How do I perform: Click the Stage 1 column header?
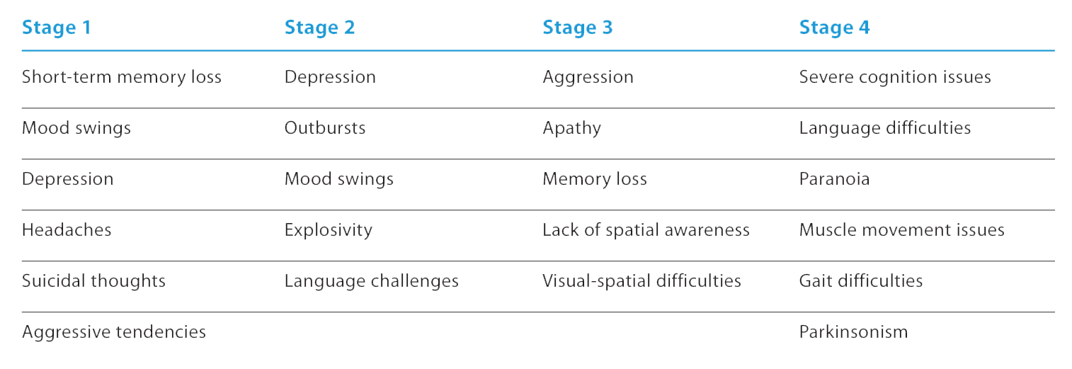[x=57, y=28]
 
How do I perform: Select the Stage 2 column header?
[x=319, y=28]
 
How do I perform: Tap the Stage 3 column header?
[x=578, y=28]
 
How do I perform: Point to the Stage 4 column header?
[x=834, y=28]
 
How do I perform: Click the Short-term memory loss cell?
[x=122, y=77]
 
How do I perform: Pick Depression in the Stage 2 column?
[x=330, y=77]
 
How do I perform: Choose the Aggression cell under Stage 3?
[x=588, y=78]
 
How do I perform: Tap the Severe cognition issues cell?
[x=895, y=77]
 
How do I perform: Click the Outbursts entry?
[x=325, y=128]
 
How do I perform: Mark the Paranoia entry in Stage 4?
[x=834, y=179]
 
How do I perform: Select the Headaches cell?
[x=67, y=230]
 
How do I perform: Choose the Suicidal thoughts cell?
[x=93, y=281]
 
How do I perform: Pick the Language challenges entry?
[x=371, y=281]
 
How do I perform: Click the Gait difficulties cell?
[x=861, y=281]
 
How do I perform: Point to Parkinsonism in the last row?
[x=853, y=332]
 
